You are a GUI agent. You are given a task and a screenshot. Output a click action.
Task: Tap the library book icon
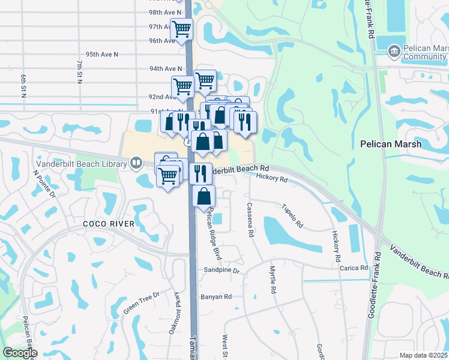(137, 163)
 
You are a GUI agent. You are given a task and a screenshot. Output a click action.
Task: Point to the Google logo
(20, 353)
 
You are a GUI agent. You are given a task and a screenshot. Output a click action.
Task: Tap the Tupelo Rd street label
(292, 215)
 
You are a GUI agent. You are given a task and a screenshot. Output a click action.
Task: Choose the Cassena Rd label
(250, 220)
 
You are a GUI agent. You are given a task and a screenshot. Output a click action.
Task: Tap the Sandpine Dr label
(221, 271)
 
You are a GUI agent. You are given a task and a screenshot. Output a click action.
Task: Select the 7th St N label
(79, 71)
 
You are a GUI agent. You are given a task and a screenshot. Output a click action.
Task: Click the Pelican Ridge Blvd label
(212, 234)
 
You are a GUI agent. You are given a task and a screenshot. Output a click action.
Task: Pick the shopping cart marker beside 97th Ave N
(181, 29)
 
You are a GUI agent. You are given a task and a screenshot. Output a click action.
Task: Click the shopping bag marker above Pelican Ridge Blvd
(204, 196)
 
